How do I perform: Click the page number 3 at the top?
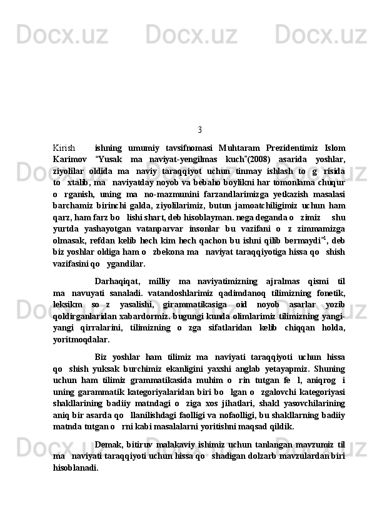(199, 130)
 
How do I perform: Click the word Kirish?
(64, 148)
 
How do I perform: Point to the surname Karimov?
(70, 160)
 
